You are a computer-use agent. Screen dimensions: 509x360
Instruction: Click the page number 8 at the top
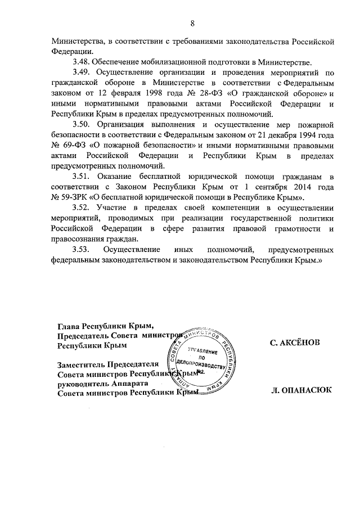tap(192, 23)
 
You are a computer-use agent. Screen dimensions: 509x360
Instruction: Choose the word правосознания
tap(80, 238)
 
